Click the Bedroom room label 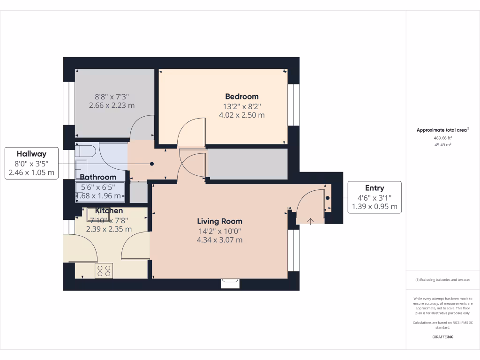click(x=241, y=97)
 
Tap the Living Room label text click(x=219, y=221)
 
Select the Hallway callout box click(x=31, y=163)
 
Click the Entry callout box click(x=374, y=197)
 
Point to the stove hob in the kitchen click(x=104, y=270)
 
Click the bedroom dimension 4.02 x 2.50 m click(x=241, y=115)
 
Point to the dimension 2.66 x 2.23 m click(x=112, y=105)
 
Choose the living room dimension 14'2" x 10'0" click(x=219, y=231)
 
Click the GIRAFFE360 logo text click(x=442, y=337)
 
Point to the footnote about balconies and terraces click(x=442, y=280)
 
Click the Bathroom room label click(x=97, y=177)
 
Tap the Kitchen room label click(x=109, y=211)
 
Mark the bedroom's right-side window click(x=293, y=105)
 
